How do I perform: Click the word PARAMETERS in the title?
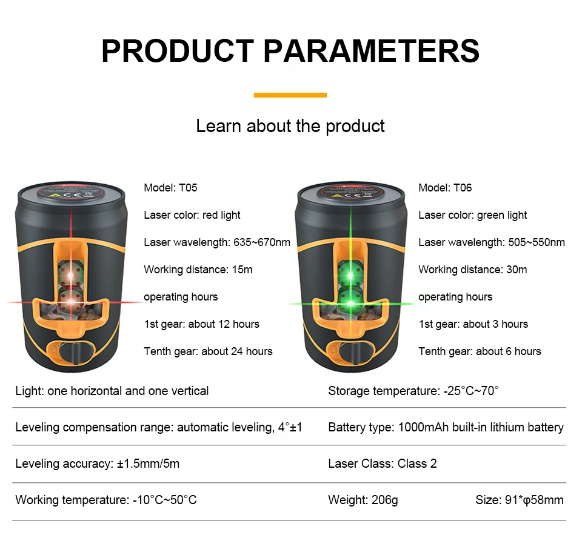point(372,51)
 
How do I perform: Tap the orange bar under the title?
point(290,95)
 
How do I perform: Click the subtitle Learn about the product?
point(290,126)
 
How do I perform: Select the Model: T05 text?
point(170,188)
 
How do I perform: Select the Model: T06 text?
point(445,188)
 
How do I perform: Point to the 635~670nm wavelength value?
point(262,242)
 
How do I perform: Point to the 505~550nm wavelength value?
point(537,242)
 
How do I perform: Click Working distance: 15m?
point(198,270)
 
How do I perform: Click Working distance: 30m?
point(472,270)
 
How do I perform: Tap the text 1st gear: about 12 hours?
point(201,324)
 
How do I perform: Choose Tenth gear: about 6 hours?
point(480,351)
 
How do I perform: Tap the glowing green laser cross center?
point(350,304)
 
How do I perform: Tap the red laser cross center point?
point(71,302)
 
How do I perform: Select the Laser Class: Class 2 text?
point(383,464)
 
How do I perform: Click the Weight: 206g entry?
point(363,500)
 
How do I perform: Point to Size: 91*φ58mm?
point(520,500)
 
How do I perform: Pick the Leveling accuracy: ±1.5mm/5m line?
point(97,464)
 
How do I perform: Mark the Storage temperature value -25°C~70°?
point(471,391)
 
